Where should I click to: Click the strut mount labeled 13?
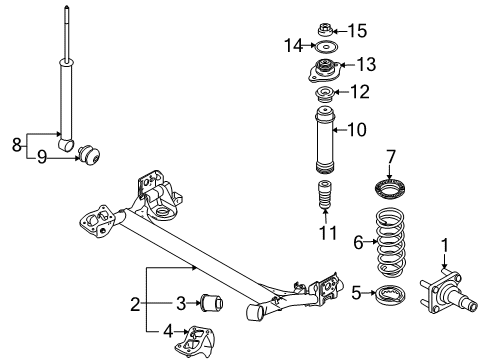coord(322,72)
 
